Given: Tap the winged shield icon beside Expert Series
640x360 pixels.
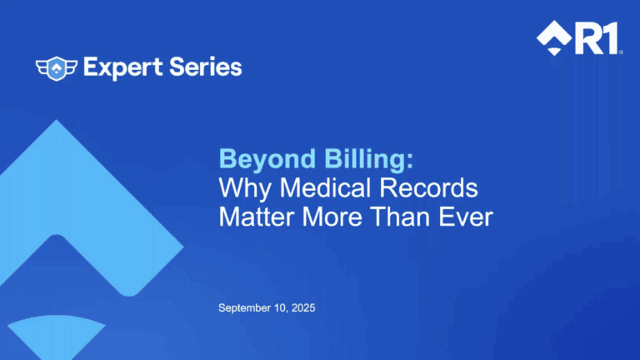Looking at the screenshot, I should [x=57, y=67].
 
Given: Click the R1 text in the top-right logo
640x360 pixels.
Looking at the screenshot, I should [x=597, y=39].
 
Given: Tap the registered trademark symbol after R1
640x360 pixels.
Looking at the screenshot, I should [x=621, y=52].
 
